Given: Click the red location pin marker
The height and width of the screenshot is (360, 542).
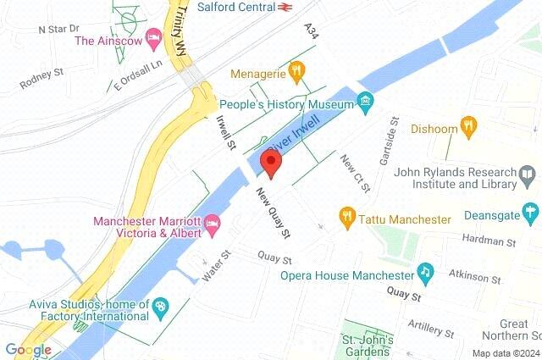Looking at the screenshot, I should point(271,163).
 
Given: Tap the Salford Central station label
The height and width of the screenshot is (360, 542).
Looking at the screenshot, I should point(235,7).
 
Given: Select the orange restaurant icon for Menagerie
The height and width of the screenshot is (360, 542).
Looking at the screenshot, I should point(296,72).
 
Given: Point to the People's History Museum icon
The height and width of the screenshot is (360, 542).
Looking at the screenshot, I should point(365,103).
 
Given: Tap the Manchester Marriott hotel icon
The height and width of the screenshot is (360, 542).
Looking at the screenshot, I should point(212,225).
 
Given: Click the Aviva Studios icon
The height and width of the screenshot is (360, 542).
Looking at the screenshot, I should point(160,306).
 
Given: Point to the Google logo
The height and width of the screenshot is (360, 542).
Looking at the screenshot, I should point(28,350).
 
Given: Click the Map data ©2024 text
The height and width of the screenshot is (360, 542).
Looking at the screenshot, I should point(504,353).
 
